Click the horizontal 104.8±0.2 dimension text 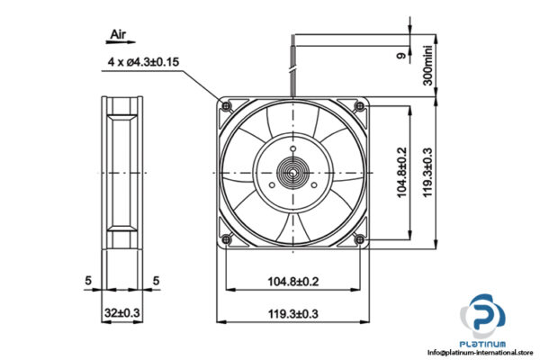pyautogui.click(x=294, y=282)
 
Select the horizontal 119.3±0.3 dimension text pyautogui.click(x=294, y=314)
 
